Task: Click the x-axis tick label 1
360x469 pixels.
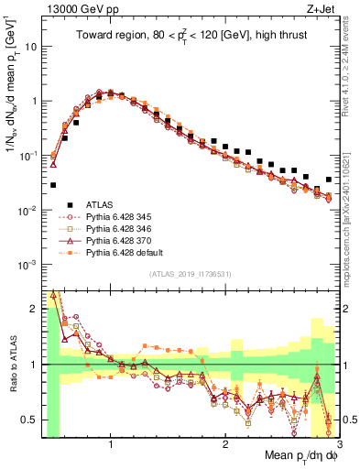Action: [x=111, y=444]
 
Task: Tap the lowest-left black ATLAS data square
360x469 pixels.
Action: [x=53, y=184]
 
